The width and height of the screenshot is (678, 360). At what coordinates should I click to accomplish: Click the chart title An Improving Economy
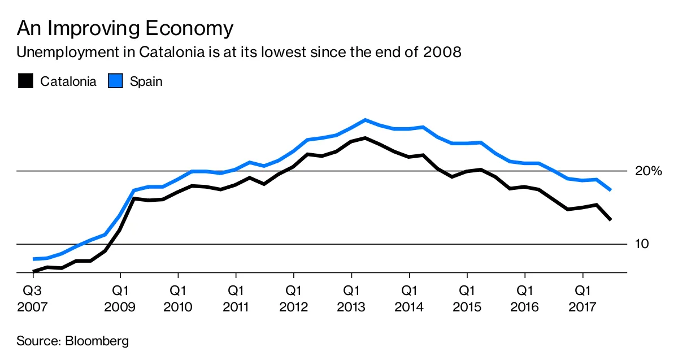point(125,28)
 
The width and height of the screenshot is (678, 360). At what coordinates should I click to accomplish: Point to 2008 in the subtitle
point(441,53)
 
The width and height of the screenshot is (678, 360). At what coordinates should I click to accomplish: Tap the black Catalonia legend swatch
point(25,81)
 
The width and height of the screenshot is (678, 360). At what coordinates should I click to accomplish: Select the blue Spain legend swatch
point(115,81)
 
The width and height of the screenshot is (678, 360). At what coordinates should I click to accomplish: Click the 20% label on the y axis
point(648,171)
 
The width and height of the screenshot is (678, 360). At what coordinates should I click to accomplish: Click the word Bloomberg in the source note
point(97,341)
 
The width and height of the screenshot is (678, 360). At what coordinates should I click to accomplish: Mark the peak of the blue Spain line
point(366,120)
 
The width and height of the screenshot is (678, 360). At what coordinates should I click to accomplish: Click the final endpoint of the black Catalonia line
point(611,219)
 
